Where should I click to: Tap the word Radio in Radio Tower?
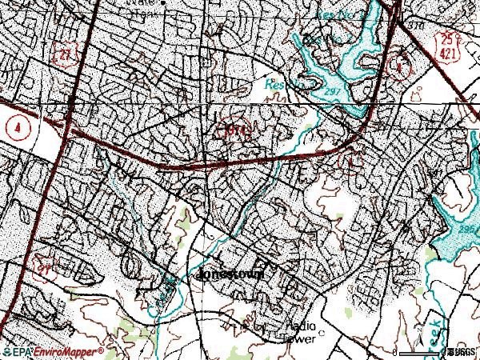[301, 325]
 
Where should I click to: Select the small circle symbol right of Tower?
[322, 331]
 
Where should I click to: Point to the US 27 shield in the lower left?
[41, 264]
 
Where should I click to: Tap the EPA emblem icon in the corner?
[8, 350]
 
